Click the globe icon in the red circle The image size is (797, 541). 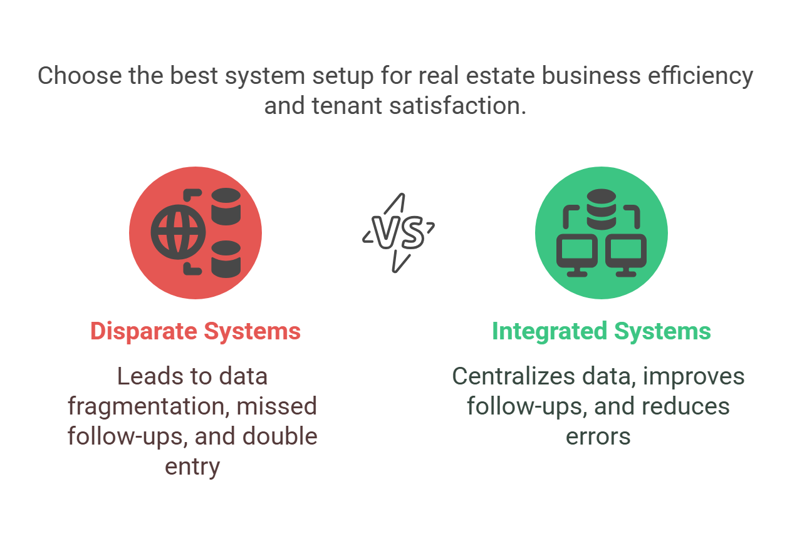pos(178,232)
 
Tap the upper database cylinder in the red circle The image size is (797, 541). pos(226,207)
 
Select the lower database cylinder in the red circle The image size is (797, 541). pos(226,259)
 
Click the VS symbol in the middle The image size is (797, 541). pos(398,233)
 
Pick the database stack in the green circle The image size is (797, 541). pos(602,209)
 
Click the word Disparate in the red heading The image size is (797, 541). pos(143,332)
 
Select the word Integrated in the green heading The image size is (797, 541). pos(550,331)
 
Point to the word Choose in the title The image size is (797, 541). pos(80,75)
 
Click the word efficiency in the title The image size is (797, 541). pos(701,76)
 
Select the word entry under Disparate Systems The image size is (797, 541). pos(192,467)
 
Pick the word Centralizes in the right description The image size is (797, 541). pos(513,376)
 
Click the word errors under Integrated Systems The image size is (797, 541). pos(598,437)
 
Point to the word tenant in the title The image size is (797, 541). pos(347,106)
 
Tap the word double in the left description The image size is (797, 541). pos(280,436)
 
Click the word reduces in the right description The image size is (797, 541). pos(685,406)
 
